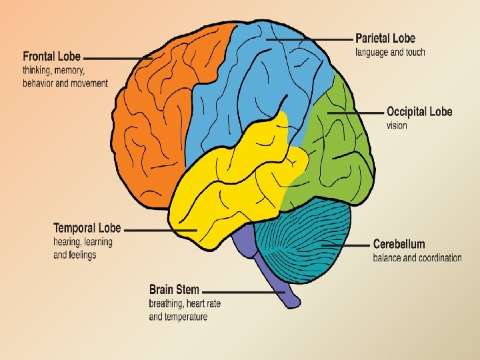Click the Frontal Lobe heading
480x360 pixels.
pos(52,56)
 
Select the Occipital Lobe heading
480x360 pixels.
pos(419,111)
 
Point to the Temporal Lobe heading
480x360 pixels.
pos(87,228)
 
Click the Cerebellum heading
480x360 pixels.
pos(399,243)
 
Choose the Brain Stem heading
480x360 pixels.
pos(174,289)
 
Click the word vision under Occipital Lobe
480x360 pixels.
pos(397,125)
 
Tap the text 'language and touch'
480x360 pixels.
pos(390,52)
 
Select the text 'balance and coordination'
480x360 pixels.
pos(417,258)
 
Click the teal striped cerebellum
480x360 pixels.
pos(307,243)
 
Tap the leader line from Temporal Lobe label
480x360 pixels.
pos(160,231)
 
